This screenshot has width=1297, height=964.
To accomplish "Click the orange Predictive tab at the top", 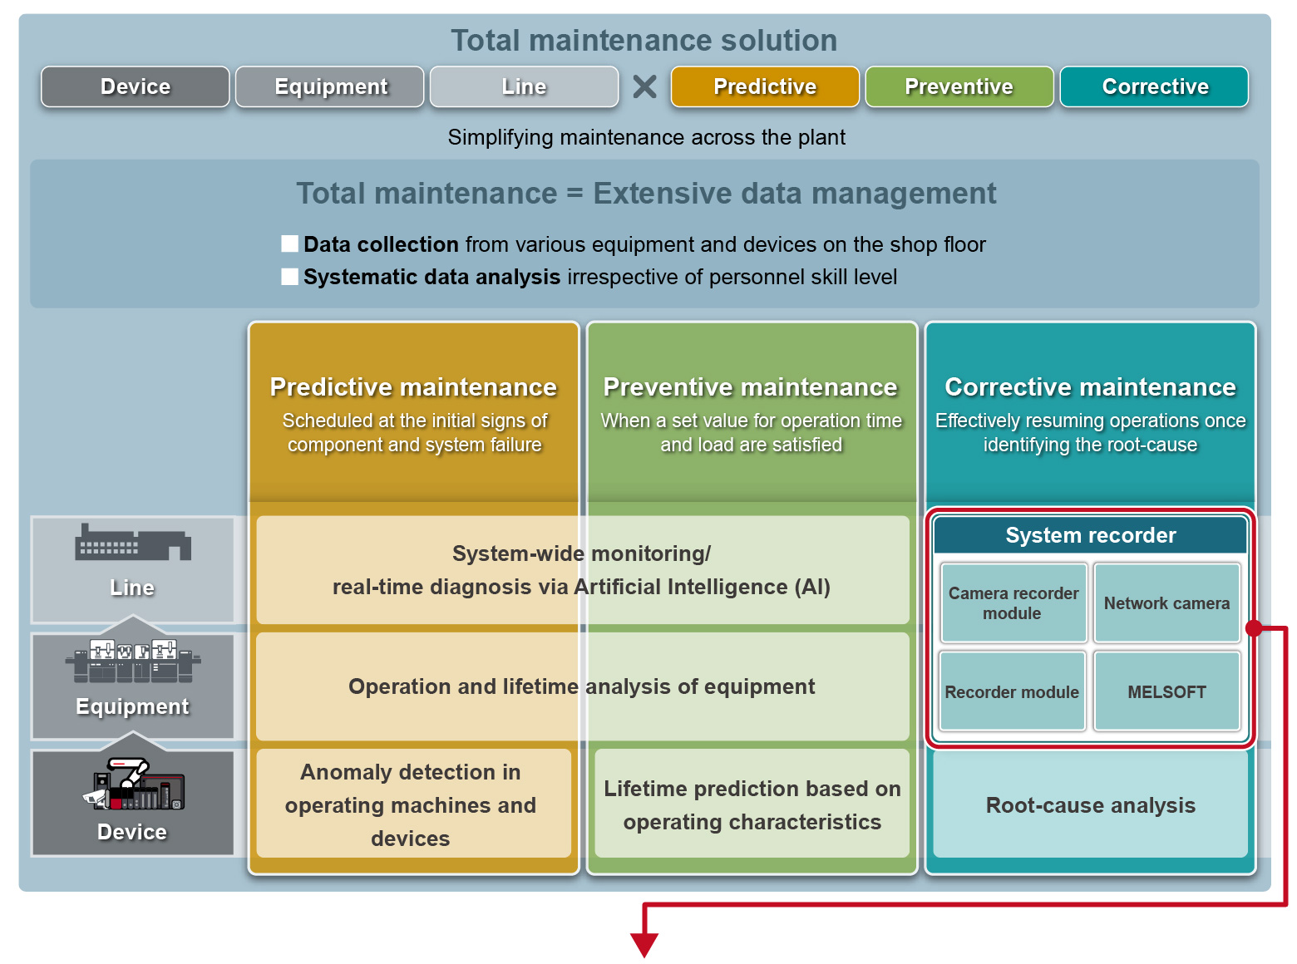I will tap(765, 86).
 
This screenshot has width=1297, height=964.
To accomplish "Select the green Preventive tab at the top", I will tap(959, 86).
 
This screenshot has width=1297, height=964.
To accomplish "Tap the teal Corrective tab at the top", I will tap(1154, 86).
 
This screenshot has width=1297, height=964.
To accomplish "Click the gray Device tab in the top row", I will tap(136, 86).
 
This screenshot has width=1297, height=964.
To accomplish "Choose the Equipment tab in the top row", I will tap(330, 86).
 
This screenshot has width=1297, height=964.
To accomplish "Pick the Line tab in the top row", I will tap(524, 86).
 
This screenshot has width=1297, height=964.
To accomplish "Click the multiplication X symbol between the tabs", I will tap(644, 86).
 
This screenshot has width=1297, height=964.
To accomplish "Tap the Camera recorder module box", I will tap(1013, 603).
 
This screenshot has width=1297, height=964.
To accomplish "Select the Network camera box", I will tap(1166, 603).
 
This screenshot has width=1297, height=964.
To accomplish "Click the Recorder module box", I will tap(1013, 691).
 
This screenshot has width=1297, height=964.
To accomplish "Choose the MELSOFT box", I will tap(1166, 691).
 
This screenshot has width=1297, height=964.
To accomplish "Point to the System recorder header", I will tap(1090, 535).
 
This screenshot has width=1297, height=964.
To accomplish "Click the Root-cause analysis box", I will tap(1090, 804).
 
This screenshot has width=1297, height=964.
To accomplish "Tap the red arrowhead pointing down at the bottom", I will tap(644, 944).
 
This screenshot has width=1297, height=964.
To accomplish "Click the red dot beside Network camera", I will tap(1254, 628).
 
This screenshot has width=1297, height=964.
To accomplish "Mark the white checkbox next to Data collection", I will tap(290, 243).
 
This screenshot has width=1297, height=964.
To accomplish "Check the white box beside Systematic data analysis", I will tap(290, 277).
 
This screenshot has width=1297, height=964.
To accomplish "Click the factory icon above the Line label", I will tap(133, 543).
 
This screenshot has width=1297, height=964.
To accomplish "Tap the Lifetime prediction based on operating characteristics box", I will tap(752, 804).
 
